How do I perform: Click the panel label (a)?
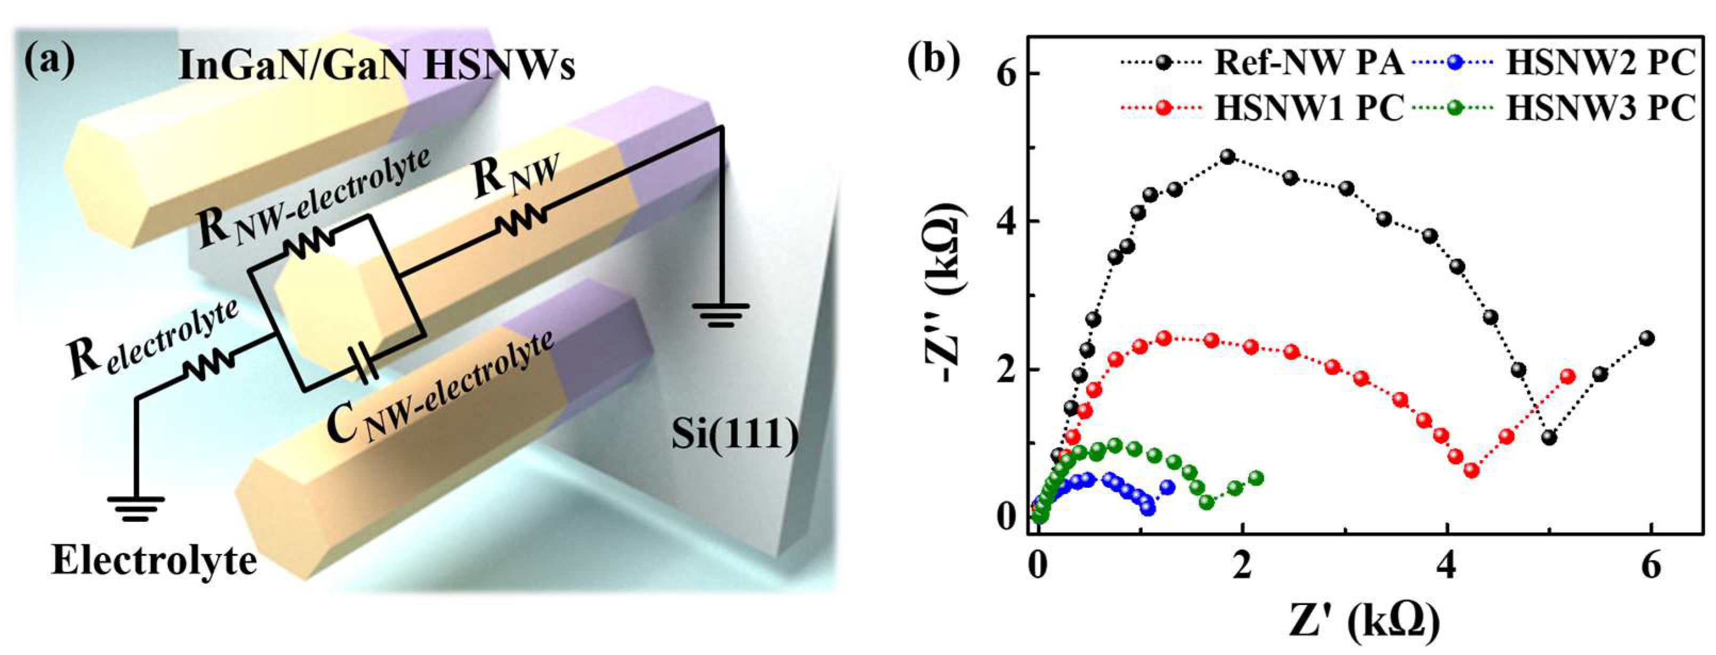pos(50,59)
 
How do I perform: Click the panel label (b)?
pos(934,59)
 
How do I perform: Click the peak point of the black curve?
pos(1228,157)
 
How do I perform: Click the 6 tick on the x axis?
pos(1650,567)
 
